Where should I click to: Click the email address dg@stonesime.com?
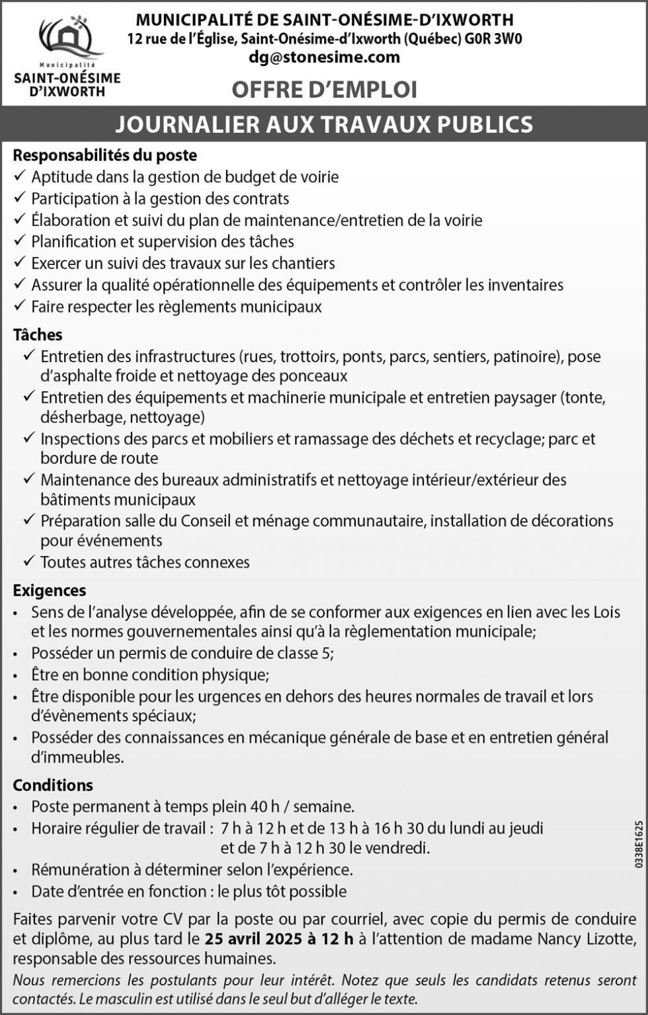(x=324, y=57)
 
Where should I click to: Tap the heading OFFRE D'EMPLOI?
(x=324, y=90)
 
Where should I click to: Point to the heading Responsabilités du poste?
(x=105, y=155)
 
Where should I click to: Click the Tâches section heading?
(x=38, y=335)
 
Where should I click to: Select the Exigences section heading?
(x=50, y=590)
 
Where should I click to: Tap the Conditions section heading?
(x=53, y=785)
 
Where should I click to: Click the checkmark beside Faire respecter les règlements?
(x=19, y=306)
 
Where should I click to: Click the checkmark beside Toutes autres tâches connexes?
(x=28, y=561)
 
